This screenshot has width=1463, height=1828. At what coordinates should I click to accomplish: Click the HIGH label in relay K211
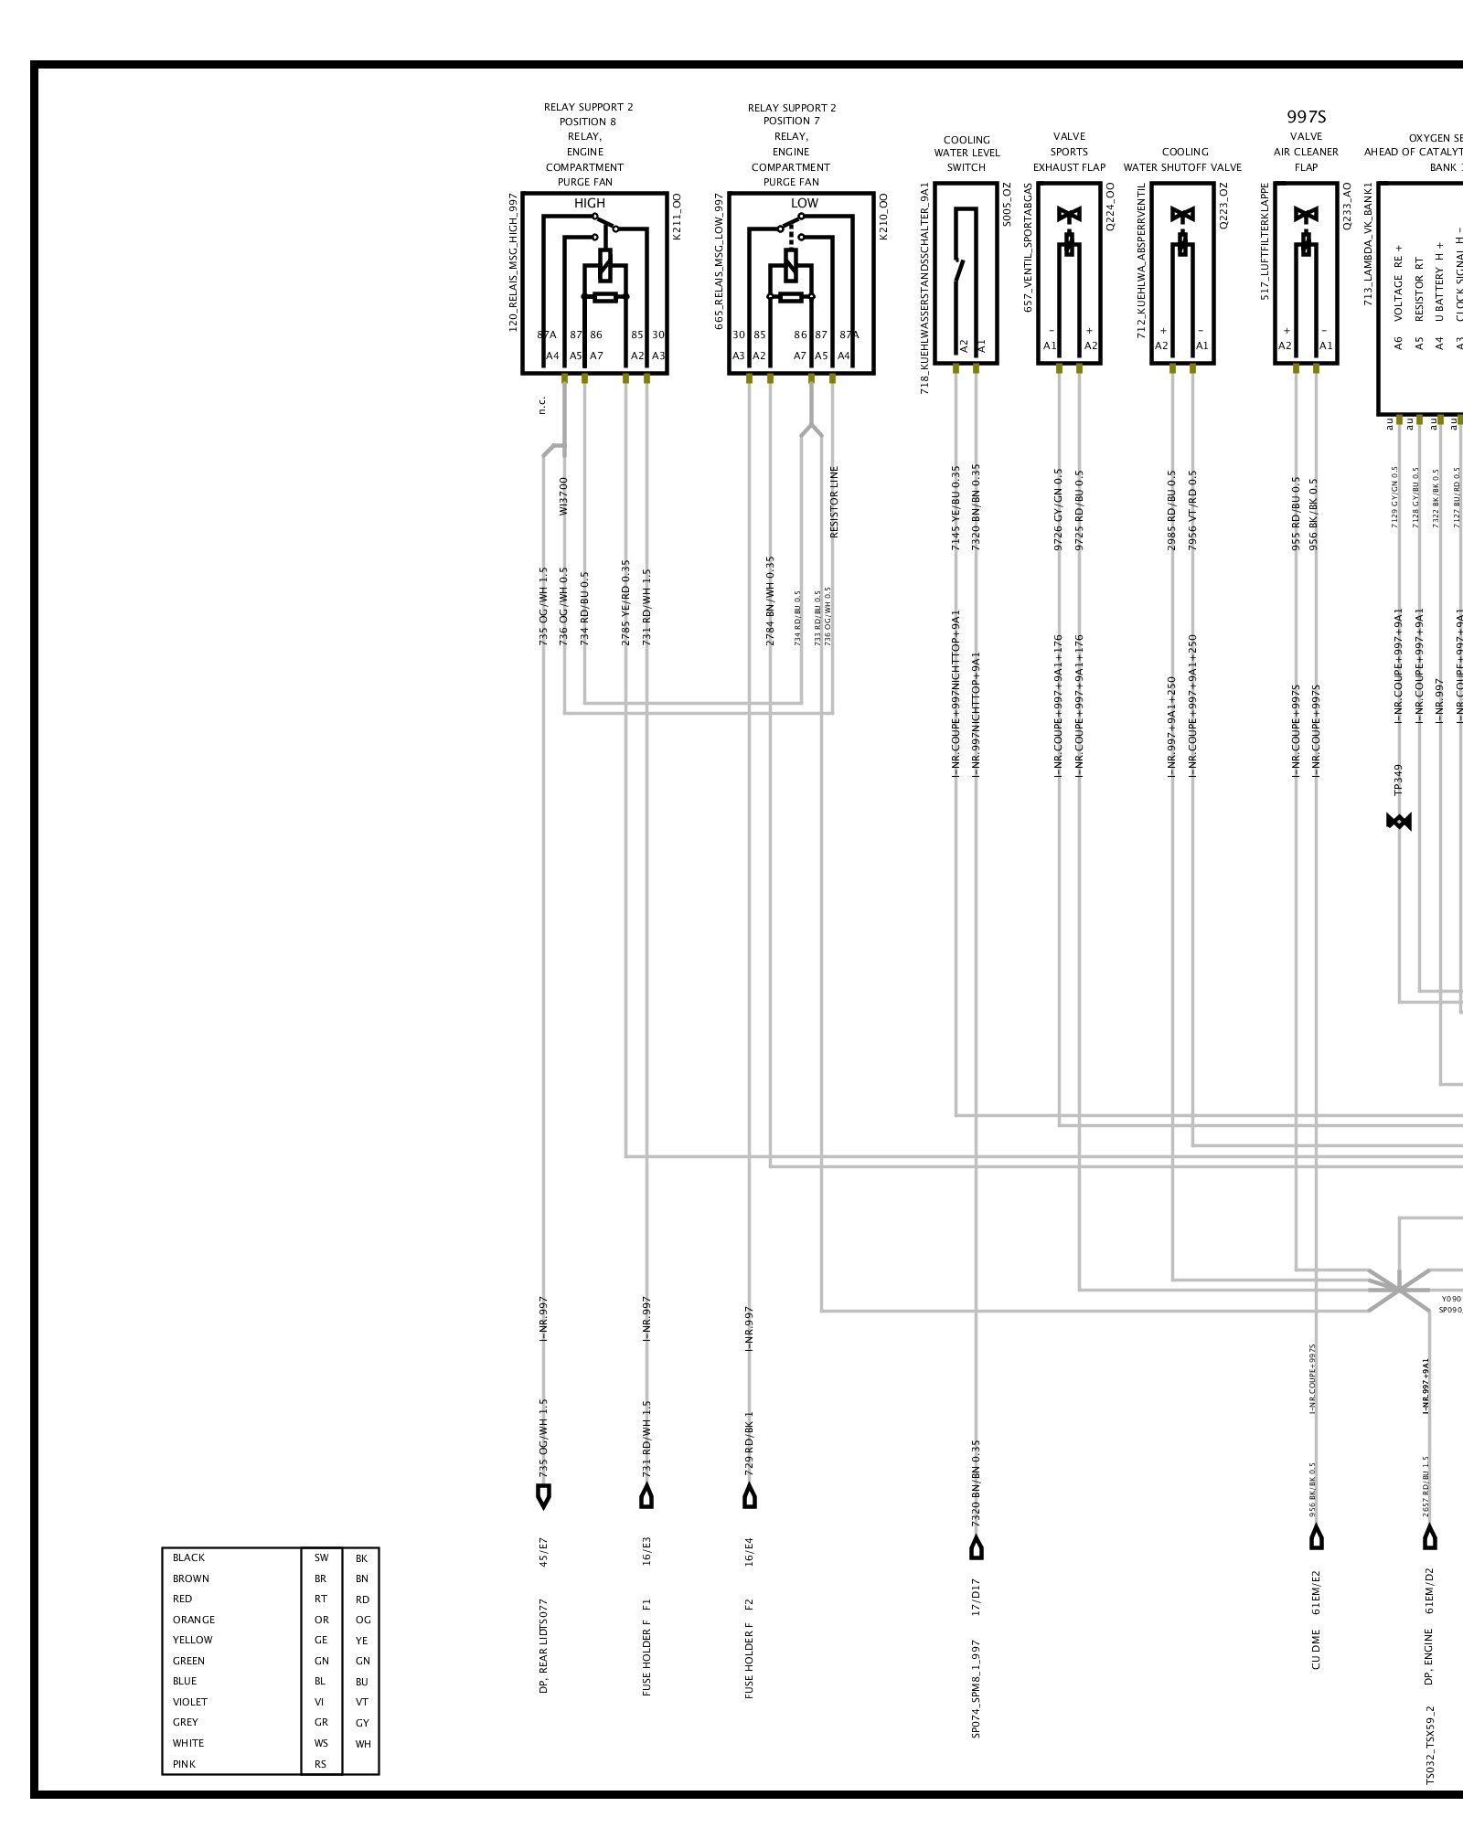click(x=589, y=203)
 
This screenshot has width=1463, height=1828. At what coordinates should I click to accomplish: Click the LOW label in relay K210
click(x=804, y=203)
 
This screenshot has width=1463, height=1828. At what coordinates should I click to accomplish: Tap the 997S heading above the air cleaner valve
click(x=1306, y=117)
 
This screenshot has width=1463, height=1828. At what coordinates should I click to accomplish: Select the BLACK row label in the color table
click(x=188, y=1557)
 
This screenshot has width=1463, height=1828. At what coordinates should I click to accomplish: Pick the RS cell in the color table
click(x=320, y=1764)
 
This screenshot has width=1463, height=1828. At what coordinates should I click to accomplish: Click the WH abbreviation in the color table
click(x=363, y=1744)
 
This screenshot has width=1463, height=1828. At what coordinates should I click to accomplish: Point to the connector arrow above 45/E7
click(x=543, y=1497)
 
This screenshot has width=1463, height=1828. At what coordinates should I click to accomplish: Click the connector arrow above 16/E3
click(x=646, y=1497)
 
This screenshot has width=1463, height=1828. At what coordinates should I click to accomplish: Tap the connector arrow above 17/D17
click(x=977, y=1547)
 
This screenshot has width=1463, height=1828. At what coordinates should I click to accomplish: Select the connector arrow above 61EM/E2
click(x=1316, y=1538)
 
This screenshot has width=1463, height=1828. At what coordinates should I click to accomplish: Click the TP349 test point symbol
click(x=1398, y=822)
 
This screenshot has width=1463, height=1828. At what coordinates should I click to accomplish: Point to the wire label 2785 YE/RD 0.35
click(x=625, y=603)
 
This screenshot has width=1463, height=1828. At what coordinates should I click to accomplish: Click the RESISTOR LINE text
click(x=834, y=502)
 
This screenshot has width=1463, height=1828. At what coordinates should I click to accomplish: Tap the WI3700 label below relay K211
click(x=563, y=495)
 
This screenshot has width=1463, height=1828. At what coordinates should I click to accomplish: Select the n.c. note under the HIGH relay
click(x=541, y=404)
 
